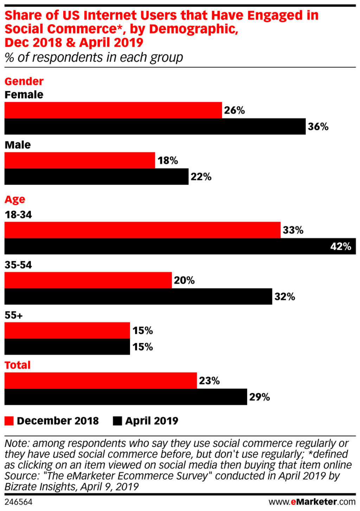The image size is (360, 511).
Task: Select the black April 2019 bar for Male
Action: coord(96,177)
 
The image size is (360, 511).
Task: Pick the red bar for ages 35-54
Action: coord(88,280)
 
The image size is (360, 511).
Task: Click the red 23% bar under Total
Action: coord(101,381)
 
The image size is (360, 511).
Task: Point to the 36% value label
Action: coord(318,127)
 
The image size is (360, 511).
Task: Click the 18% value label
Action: coord(167,161)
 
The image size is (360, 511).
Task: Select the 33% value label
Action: coord(293,230)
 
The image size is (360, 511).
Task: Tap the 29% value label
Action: coord(259,397)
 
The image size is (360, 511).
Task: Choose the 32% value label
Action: coord(284,297)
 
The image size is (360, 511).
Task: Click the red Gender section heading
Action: coord(24,82)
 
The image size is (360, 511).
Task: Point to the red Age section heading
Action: coord(15,200)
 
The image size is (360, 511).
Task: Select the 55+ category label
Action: coord(13,315)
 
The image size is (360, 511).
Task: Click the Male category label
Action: coord(18,145)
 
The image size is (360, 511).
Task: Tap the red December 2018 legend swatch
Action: coord(9,421)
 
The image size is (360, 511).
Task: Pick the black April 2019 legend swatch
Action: coord(117,421)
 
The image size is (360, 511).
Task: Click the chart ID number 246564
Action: coord(18,502)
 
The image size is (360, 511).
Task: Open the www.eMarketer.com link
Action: coord(312,502)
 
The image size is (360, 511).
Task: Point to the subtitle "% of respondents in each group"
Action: coord(94,57)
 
